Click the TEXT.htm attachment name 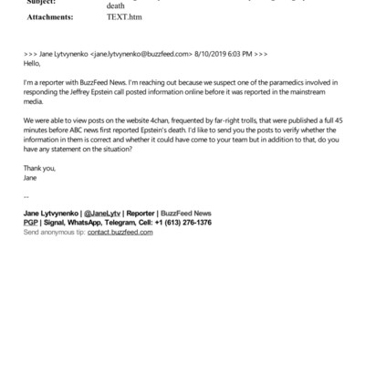click(124, 16)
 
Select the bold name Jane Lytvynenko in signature click(53, 213)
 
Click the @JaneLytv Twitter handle click(107, 213)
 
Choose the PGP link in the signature click(31, 223)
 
